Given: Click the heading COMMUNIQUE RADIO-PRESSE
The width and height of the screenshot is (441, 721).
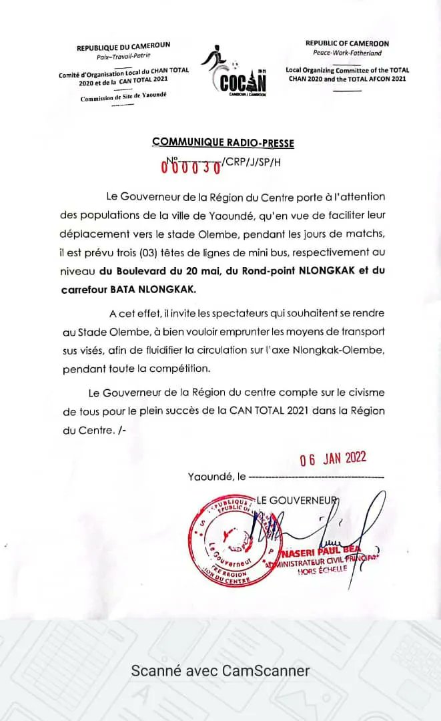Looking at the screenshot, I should tap(223, 142).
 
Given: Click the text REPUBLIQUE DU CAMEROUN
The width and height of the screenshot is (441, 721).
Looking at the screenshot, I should tap(123, 46).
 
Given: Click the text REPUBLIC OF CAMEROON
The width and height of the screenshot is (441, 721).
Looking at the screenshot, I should tap(347, 43).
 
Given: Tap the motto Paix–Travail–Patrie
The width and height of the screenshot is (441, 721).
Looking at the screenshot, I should tap(123, 56).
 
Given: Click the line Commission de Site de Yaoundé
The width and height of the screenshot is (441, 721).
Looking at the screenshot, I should tap(123, 98).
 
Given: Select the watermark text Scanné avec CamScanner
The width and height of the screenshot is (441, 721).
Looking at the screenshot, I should tap(220, 671).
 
